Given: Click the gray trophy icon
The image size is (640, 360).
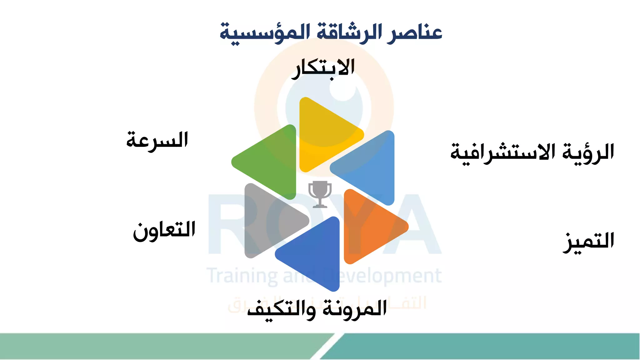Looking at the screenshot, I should tap(320, 194).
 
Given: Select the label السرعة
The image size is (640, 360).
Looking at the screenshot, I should tap(157, 140).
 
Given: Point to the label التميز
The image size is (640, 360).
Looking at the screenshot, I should tap(588, 242).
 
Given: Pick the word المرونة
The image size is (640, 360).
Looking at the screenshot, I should tap(355, 309).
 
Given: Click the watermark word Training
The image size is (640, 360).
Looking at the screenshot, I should tap(242, 276).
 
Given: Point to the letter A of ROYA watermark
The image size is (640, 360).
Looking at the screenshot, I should tap(416, 225).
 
